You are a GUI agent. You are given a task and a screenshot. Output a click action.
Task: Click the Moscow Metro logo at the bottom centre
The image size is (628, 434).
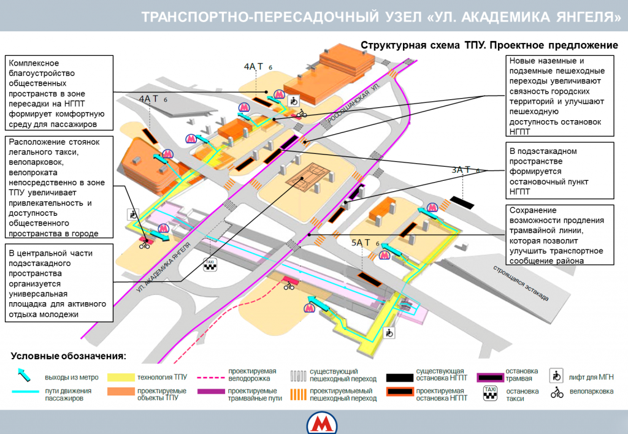tap(320, 424)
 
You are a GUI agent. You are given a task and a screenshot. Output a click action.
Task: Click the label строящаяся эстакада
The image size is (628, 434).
tap(521, 283)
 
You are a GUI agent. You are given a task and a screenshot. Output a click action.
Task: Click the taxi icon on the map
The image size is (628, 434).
tap(210, 265)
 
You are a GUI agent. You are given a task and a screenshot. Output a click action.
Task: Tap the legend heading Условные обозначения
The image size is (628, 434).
tap(68, 356)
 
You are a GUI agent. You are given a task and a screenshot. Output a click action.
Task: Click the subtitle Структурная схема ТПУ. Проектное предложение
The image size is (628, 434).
tap(488, 45)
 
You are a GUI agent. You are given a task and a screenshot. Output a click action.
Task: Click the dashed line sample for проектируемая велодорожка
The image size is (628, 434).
tap(210, 376)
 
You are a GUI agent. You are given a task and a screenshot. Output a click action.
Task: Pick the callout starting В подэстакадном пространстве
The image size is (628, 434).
tap(561, 171)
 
